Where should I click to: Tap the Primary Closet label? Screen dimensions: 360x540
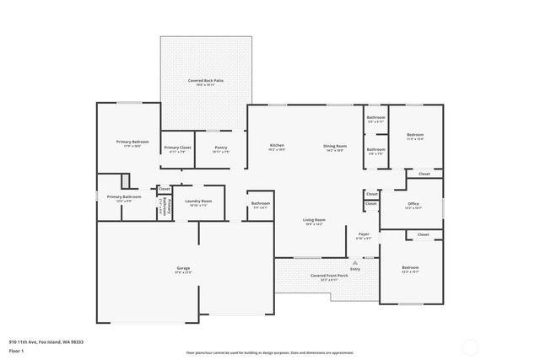[x=176, y=147]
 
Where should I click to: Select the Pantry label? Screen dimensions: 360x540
[x=220, y=147]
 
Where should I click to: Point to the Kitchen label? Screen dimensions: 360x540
[x=277, y=146]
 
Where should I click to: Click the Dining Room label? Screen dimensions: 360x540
[x=334, y=146]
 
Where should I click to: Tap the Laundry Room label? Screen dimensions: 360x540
[x=198, y=201]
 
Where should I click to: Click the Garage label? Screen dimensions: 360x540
[x=183, y=268]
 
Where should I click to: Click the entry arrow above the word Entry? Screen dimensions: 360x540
[x=355, y=262]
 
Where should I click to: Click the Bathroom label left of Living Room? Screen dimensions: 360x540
[x=260, y=203]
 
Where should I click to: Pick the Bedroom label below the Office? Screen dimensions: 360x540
[x=410, y=267]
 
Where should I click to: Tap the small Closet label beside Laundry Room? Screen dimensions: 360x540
[x=165, y=189]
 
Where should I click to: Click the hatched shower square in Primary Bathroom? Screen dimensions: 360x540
[x=126, y=180]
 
